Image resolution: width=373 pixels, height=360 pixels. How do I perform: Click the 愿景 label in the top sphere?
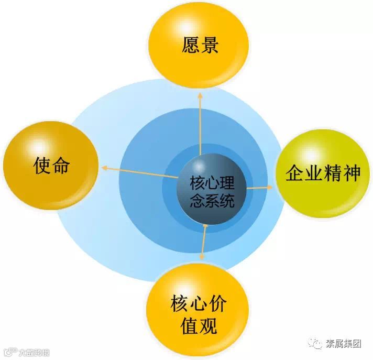click(200, 46)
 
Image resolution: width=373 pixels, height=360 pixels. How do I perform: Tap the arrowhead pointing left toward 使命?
click(104, 168)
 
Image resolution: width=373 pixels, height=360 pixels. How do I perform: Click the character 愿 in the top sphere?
click(191, 46)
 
